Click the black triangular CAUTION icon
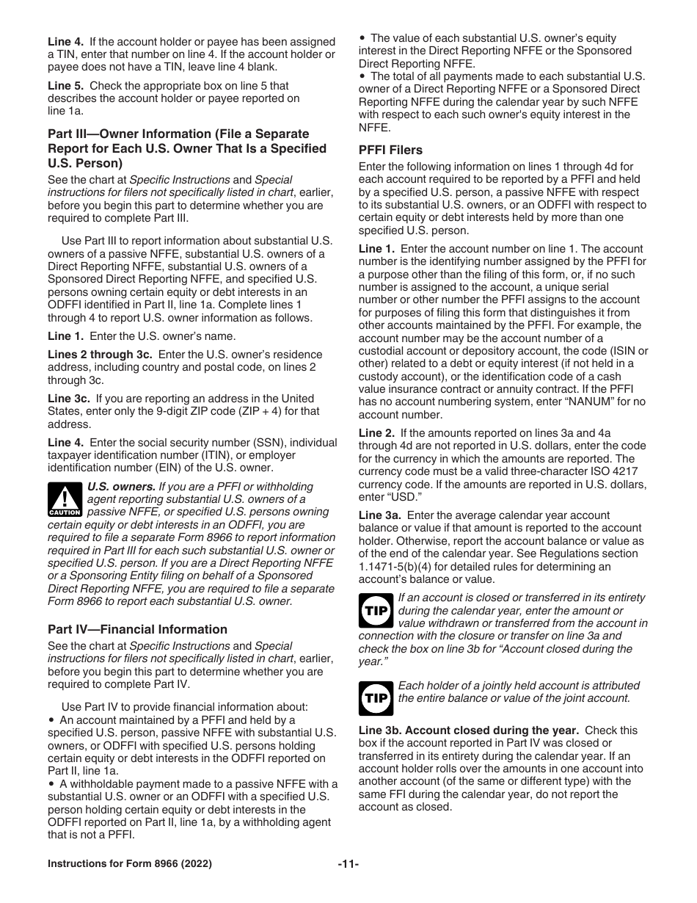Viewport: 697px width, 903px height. (65, 499)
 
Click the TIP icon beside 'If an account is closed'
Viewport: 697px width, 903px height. (376, 610)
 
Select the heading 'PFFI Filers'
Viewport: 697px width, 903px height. (390, 150)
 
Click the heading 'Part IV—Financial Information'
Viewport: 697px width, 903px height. (137, 629)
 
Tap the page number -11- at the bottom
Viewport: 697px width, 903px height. (348, 864)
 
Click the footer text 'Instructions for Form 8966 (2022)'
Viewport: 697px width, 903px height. (130, 864)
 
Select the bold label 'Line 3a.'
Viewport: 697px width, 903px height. (380, 515)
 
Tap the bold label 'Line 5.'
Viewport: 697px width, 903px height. (65, 86)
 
